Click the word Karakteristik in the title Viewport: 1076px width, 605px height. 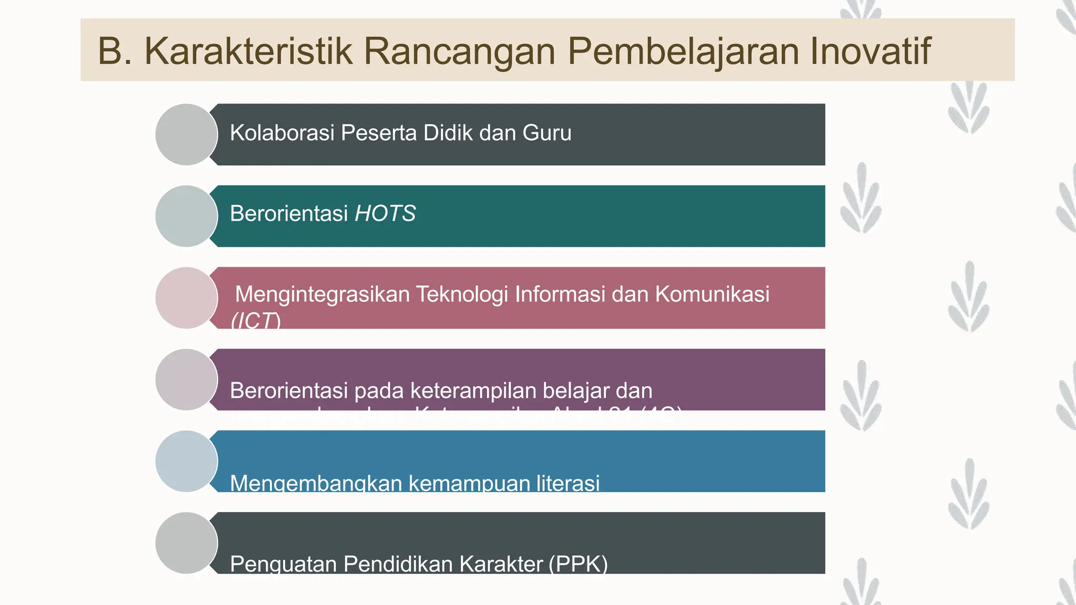(248, 51)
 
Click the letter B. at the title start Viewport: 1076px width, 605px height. (115, 51)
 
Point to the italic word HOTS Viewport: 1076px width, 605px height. (385, 214)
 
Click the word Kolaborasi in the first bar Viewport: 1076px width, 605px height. (282, 133)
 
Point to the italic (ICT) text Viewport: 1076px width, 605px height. (256, 320)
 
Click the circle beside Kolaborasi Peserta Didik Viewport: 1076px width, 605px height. (187, 134)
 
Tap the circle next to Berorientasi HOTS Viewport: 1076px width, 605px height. (187, 216)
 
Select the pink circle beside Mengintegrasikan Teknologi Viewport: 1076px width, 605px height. (187, 298)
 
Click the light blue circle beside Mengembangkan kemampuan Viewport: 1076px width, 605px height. (187, 461)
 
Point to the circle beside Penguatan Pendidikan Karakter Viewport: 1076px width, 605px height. (187, 543)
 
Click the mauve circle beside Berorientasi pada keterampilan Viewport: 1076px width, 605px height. (187, 379)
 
